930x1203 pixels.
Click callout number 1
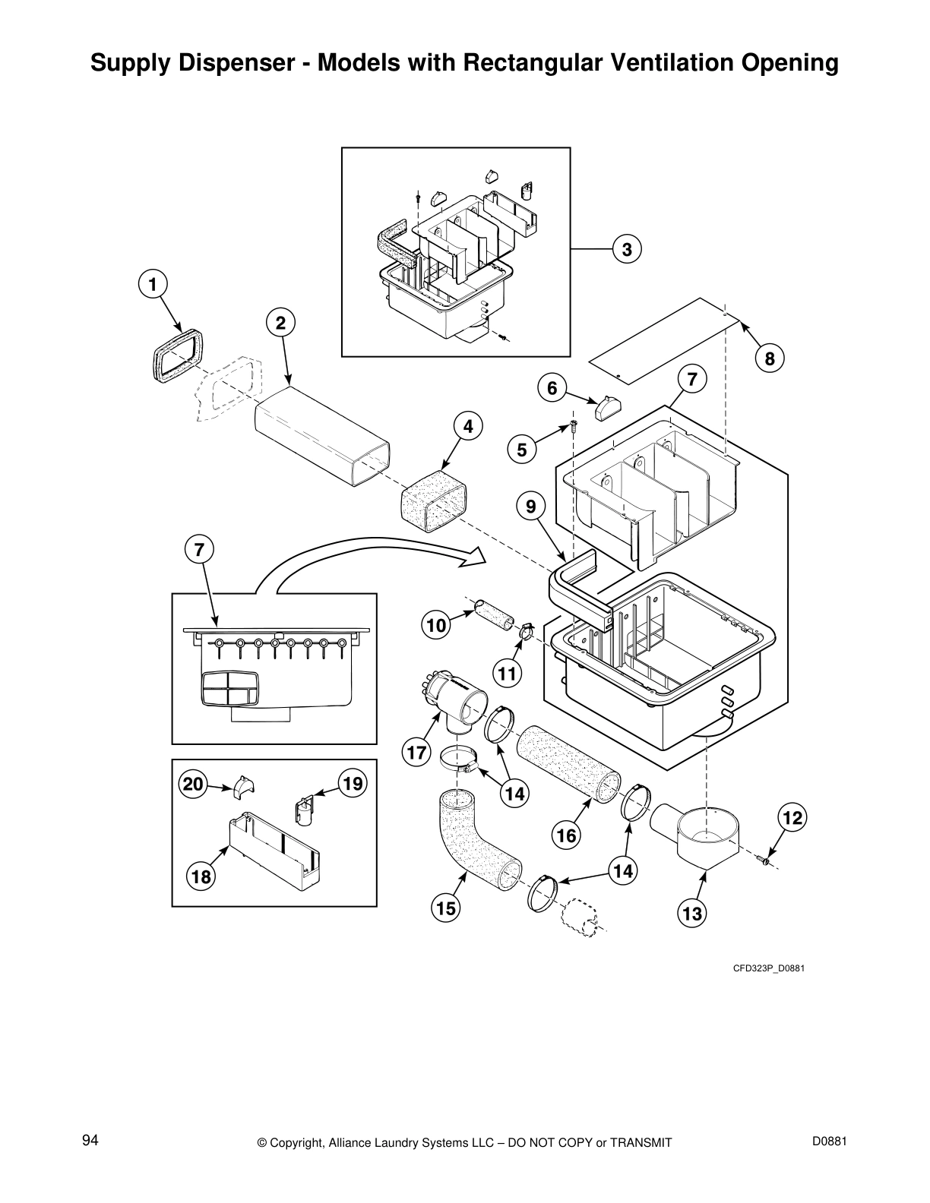tap(153, 284)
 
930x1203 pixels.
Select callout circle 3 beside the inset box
tap(627, 249)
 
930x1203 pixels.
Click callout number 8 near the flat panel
tap(770, 358)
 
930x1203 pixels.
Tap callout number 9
tap(530, 506)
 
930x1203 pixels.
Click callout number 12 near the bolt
tap(792, 818)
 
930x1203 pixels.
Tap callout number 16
tap(566, 836)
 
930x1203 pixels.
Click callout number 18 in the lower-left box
tap(201, 876)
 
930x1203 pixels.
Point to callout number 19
tap(353, 783)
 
